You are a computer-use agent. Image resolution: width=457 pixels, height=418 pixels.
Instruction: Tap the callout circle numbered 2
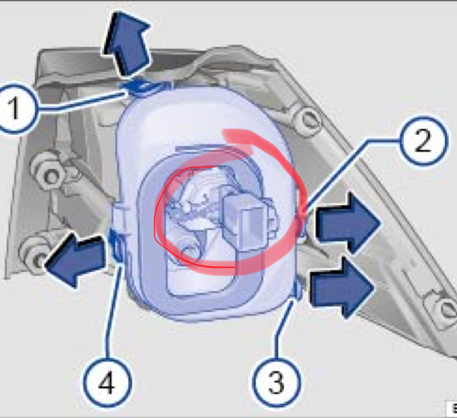(x=423, y=141)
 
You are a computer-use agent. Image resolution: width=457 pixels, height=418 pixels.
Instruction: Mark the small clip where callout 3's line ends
(x=298, y=290)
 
